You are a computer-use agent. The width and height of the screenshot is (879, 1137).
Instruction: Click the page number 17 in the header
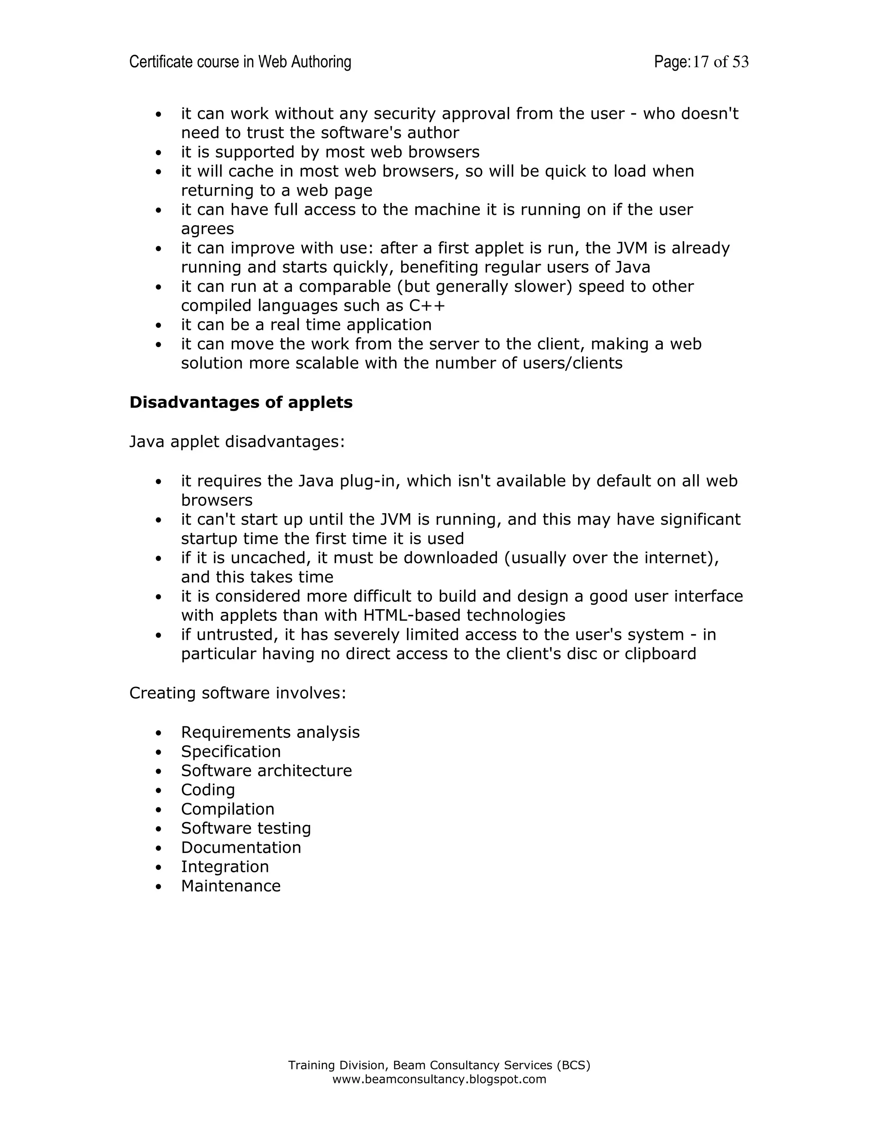[x=700, y=62]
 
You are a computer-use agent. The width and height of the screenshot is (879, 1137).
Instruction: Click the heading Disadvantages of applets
[x=241, y=402]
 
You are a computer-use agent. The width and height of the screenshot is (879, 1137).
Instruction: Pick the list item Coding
[x=208, y=790]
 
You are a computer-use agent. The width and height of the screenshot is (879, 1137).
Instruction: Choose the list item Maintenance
[x=230, y=886]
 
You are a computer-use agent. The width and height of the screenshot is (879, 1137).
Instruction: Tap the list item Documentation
[x=241, y=847]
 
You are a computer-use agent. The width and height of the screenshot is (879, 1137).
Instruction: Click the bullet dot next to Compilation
[x=159, y=810]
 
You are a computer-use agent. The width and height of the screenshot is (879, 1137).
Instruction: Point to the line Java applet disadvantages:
[x=237, y=441]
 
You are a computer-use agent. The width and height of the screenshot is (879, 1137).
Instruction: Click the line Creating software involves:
[x=237, y=693]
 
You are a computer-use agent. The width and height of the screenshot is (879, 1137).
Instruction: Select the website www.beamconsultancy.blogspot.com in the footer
[x=439, y=1079]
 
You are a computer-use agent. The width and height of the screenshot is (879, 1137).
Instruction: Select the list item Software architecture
[x=266, y=771]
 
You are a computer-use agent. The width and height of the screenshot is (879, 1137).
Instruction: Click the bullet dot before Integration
[x=159, y=867]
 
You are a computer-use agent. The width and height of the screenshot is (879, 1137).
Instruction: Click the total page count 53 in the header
[x=740, y=62]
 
